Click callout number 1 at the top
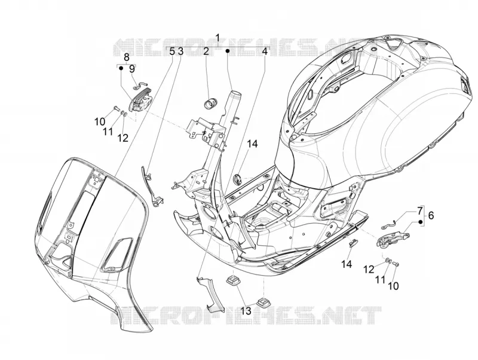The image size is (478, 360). (x=217, y=38)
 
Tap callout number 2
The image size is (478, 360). (x=206, y=51)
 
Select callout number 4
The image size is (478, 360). (x=265, y=51)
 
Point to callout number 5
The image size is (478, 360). (x=172, y=51)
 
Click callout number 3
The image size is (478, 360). (x=180, y=51)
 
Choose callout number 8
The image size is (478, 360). (x=127, y=57)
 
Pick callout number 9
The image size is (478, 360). (x=131, y=69)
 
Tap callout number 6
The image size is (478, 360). (x=431, y=215)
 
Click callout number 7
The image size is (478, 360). (x=420, y=210)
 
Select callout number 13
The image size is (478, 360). (x=246, y=311)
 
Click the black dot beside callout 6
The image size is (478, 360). (x=421, y=222)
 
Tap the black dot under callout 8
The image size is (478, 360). (x=121, y=68)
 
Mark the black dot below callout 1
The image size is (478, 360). (x=228, y=51)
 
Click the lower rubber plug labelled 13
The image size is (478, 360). (x=262, y=302)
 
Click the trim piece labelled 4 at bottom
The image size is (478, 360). (x=210, y=294)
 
